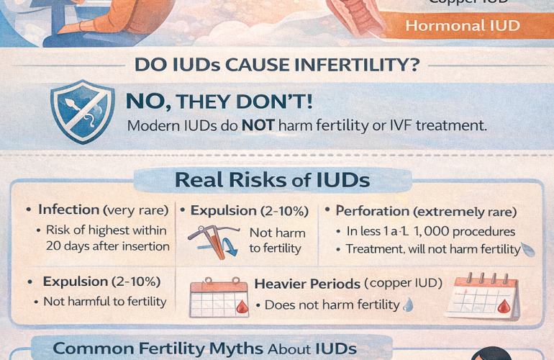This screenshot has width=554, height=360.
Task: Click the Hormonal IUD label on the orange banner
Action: coord(463,26)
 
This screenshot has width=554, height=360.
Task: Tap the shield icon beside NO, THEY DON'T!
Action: coord(81,111)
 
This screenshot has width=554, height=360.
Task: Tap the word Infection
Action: coord(68,210)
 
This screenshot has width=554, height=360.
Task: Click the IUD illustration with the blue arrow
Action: coord(214,241)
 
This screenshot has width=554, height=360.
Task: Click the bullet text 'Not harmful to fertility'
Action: coord(105,302)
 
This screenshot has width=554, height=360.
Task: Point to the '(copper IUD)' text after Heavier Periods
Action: coord(402,283)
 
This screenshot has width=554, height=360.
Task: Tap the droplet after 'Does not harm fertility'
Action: coord(409,305)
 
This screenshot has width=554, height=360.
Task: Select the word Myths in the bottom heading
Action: coord(234,348)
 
